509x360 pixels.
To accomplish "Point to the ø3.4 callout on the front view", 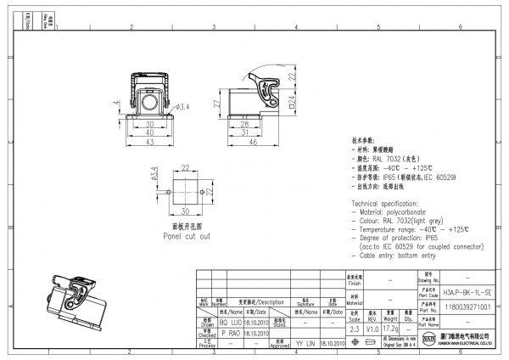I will pos(182,108).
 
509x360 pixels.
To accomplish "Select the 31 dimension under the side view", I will pos(244,132).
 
